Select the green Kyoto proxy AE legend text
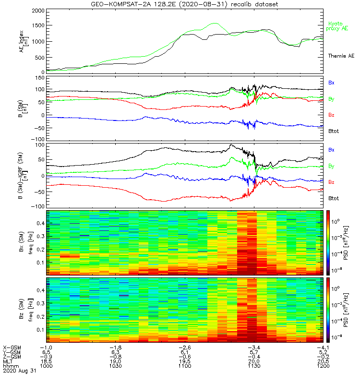tap(338, 26)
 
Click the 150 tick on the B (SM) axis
tap(37, 77)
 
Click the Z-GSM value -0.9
tap(46, 357)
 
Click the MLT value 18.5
tap(46, 361)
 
